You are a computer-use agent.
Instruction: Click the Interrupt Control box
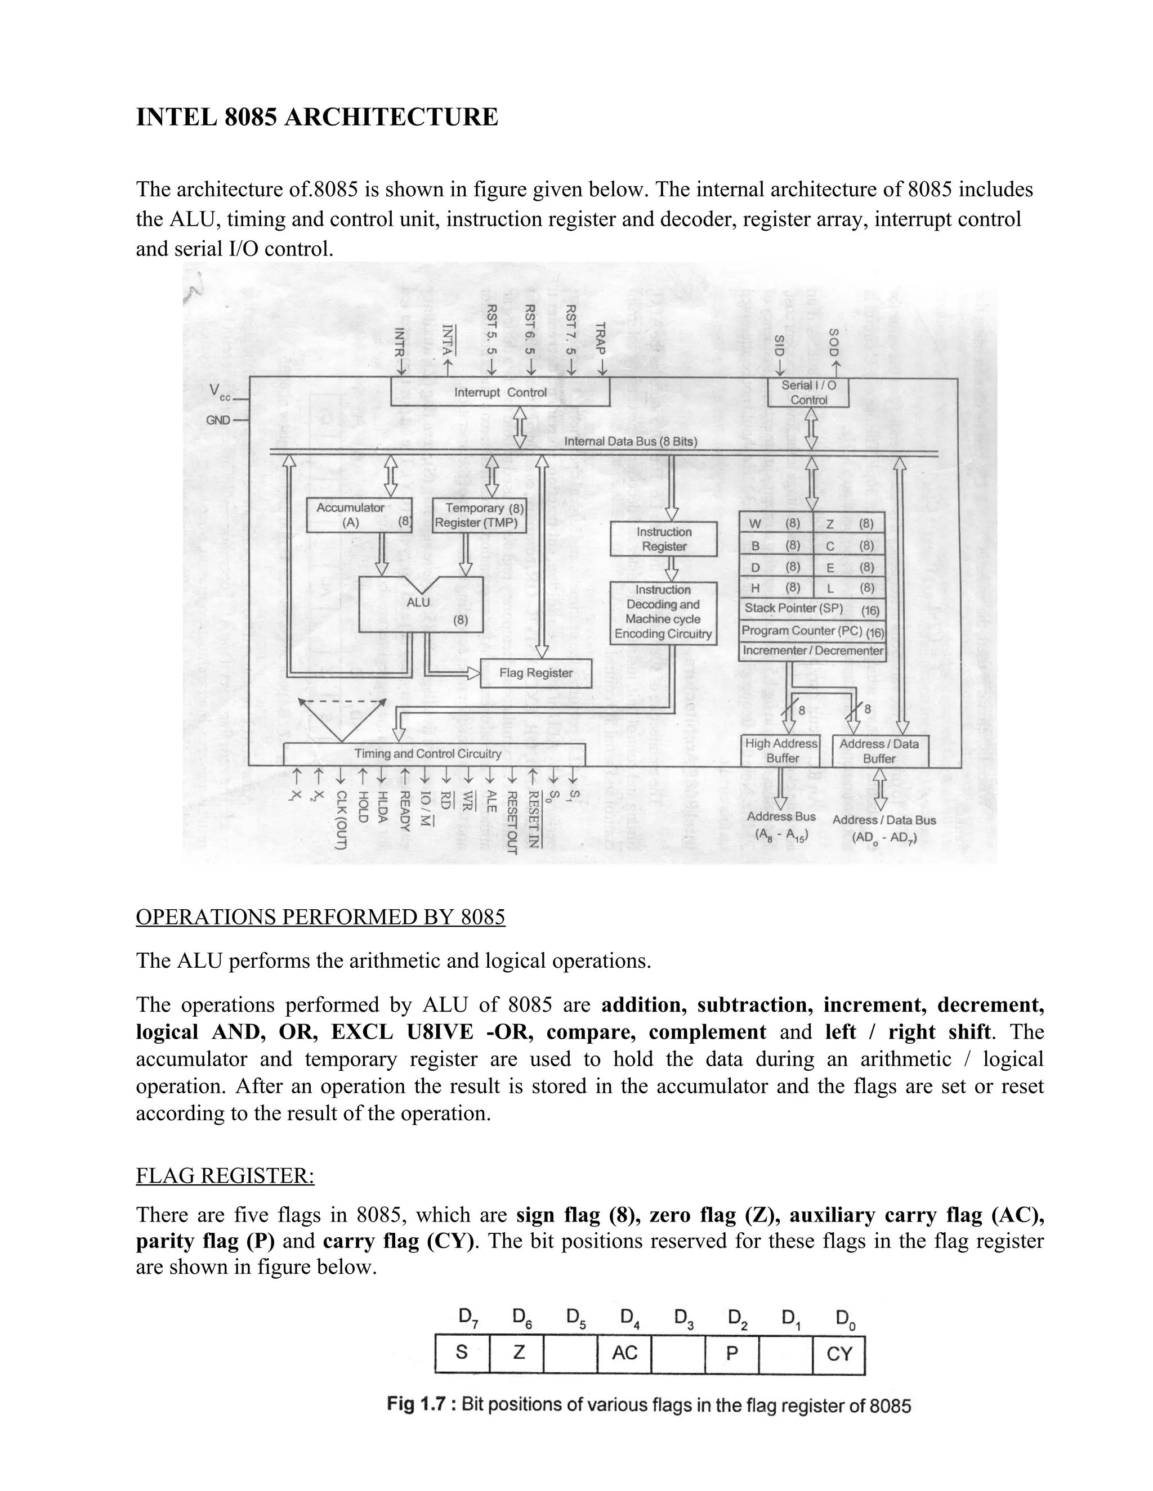click(x=500, y=392)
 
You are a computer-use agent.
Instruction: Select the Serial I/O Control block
click(x=808, y=393)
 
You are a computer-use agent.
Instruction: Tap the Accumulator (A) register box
click(x=359, y=515)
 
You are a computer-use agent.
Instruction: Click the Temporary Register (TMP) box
click(x=480, y=515)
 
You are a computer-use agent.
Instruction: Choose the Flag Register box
click(x=535, y=673)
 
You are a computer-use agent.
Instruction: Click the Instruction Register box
click(x=663, y=538)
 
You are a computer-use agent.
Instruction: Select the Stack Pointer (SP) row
click(x=811, y=608)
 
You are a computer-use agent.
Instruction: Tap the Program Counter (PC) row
click(x=811, y=631)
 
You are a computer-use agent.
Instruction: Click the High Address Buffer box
click(x=781, y=751)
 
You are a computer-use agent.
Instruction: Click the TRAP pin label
click(x=601, y=339)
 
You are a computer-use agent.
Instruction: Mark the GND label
click(x=218, y=420)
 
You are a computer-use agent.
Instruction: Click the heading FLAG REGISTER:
click(x=225, y=1175)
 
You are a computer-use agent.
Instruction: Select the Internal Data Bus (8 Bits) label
click(x=631, y=442)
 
